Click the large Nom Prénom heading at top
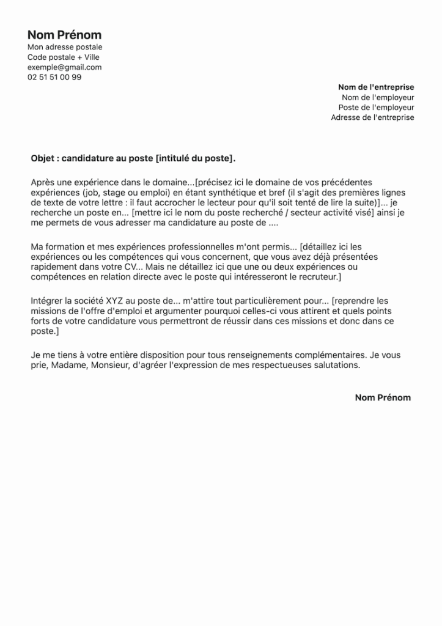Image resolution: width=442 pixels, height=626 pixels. pos(64,35)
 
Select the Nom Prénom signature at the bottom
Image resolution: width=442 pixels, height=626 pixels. pos(383,397)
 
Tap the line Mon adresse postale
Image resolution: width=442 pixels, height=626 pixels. pos(65,47)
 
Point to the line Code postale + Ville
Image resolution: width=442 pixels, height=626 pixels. pos(63,57)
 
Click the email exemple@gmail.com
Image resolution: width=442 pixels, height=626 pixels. pos(64,67)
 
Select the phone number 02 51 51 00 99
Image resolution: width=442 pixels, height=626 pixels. pos(54,78)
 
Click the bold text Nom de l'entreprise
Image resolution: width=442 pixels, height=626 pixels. pos(376,87)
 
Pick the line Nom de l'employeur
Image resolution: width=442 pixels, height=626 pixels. pos(378,97)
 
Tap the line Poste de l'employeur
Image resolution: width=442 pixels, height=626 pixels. pos(376,107)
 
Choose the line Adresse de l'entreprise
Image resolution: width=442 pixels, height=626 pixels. pos(372,117)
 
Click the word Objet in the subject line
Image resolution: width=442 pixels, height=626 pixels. pos(42,158)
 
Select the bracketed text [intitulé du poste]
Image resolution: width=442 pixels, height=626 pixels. pos(194,158)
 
